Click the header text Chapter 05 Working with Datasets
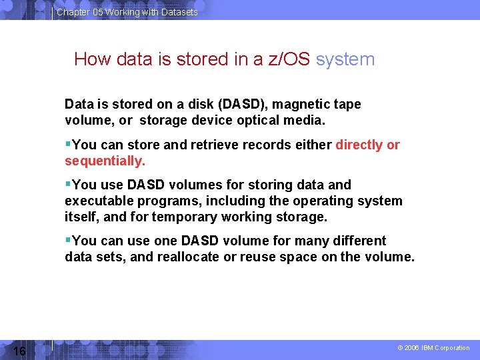127,12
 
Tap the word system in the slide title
345,59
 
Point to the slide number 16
19,351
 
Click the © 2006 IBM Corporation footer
433,348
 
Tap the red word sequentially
105,161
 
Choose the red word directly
359,145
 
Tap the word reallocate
187,257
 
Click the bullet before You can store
68,145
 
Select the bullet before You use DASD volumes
68,185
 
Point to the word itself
81,217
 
